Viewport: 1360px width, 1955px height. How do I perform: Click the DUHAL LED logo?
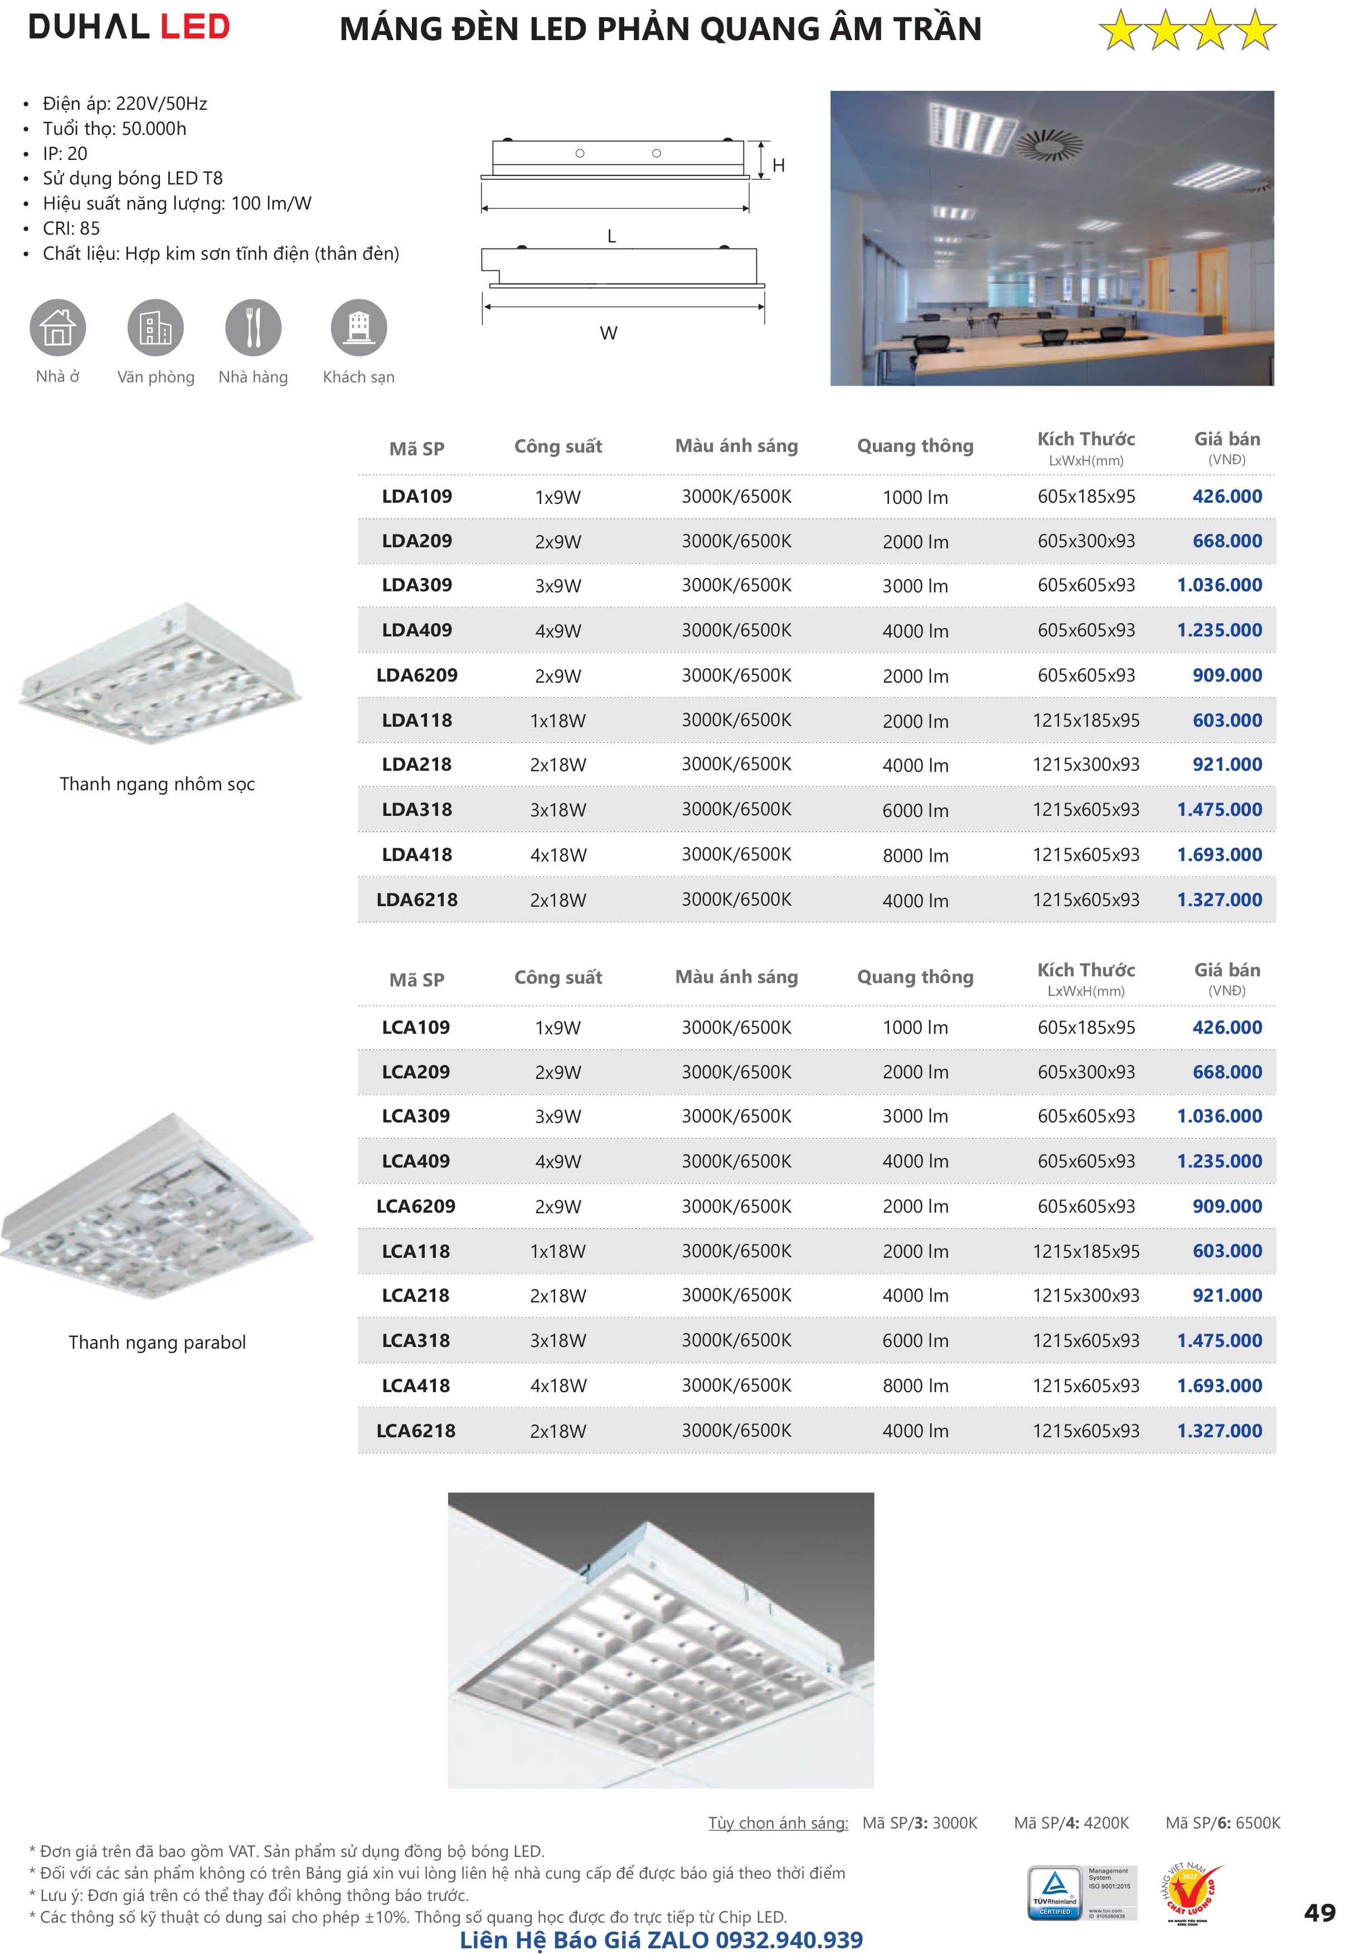pos(129,27)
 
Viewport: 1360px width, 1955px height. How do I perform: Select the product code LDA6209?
pos(416,675)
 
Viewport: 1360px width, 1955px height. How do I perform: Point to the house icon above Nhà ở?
pos(58,327)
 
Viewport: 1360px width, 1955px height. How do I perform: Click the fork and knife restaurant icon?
pos(253,327)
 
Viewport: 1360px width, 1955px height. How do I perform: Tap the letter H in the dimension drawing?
pos(778,165)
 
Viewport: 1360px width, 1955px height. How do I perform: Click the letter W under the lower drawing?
pos(608,333)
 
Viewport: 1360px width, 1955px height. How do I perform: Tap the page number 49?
pos(1319,1913)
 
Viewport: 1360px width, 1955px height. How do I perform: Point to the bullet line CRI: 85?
pos(71,228)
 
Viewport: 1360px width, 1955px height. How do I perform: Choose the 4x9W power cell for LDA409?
pos(558,631)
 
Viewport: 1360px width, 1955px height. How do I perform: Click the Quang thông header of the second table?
pos(915,976)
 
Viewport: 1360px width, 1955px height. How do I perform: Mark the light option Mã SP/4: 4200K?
pos(1071,1822)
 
